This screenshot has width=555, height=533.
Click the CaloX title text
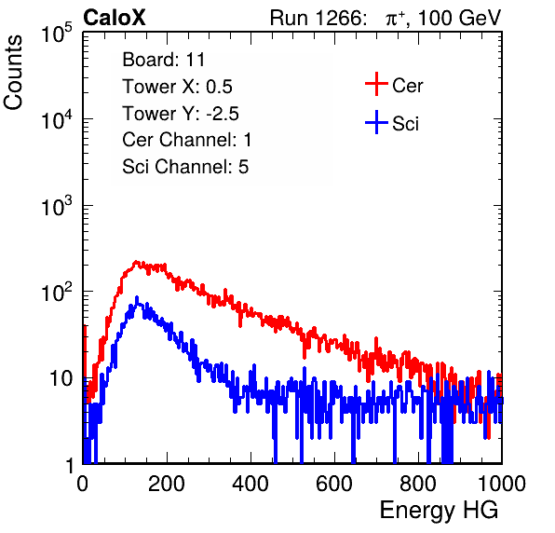pos(115,18)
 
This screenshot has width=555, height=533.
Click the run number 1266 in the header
pos(340,18)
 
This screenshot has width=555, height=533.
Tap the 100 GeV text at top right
pos(460,18)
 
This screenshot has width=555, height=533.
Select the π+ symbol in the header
pos(396,18)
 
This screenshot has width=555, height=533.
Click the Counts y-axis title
pos(13,72)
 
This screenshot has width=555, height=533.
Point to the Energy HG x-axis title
pos(439,511)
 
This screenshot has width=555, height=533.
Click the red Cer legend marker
pos(376,84)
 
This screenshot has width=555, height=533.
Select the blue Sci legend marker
pos(376,123)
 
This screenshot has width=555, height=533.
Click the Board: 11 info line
pos(164,60)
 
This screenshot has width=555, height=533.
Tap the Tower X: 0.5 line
pos(177,87)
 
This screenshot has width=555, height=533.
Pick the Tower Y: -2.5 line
pos(181,114)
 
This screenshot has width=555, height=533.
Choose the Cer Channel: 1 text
pos(187,140)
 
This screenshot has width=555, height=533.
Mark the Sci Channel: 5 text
pos(185,167)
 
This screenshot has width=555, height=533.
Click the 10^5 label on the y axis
pos(57,33)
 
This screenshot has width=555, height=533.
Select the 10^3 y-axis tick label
pos(57,206)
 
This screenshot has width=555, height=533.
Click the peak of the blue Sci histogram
pos(137,297)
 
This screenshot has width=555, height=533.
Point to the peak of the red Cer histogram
pos(136,262)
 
